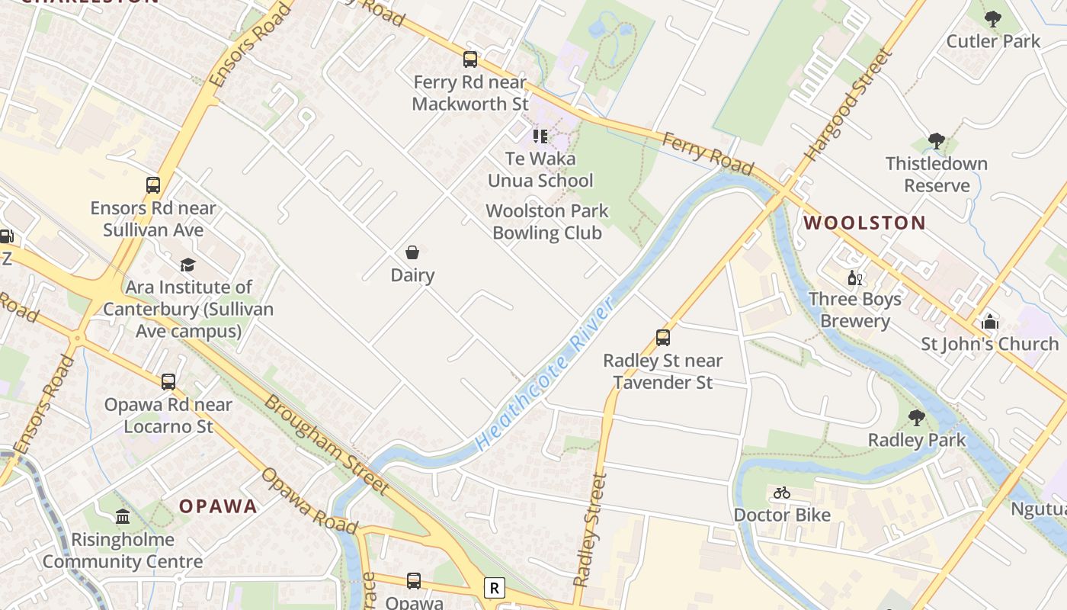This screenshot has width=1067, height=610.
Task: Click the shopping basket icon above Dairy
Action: tap(412, 252)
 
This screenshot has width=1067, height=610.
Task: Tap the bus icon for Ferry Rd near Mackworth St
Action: tap(470, 59)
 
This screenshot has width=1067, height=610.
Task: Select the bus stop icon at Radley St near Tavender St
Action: tap(663, 338)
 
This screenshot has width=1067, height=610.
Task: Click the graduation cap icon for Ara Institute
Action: tap(187, 265)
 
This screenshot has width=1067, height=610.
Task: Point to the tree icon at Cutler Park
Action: tap(992, 18)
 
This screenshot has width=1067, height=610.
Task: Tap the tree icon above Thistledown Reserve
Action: tap(937, 141)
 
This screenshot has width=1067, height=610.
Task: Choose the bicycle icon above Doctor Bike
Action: tap(782, 493)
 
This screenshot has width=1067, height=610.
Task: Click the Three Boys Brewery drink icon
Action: tap(855, 278)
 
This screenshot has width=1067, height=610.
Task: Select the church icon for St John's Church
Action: tap(990, 322)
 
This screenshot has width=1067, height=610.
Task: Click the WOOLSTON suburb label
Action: tap(865, 223)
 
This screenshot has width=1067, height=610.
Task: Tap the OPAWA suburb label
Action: tap(218, 506)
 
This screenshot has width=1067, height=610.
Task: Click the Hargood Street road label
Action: tap(848, 104)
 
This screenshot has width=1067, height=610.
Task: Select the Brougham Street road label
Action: tap(326, 442)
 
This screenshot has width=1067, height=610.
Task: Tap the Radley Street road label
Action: tap(590, 529)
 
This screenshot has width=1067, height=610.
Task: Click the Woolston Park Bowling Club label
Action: tap(547, 222)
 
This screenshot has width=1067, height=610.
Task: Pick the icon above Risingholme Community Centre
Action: tap(123, 517)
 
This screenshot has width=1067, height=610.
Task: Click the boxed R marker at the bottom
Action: tap(495, 588)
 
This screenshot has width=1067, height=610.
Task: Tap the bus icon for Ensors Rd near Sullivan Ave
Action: tap(153, 185)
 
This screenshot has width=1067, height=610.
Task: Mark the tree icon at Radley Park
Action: tap(917, 418)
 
